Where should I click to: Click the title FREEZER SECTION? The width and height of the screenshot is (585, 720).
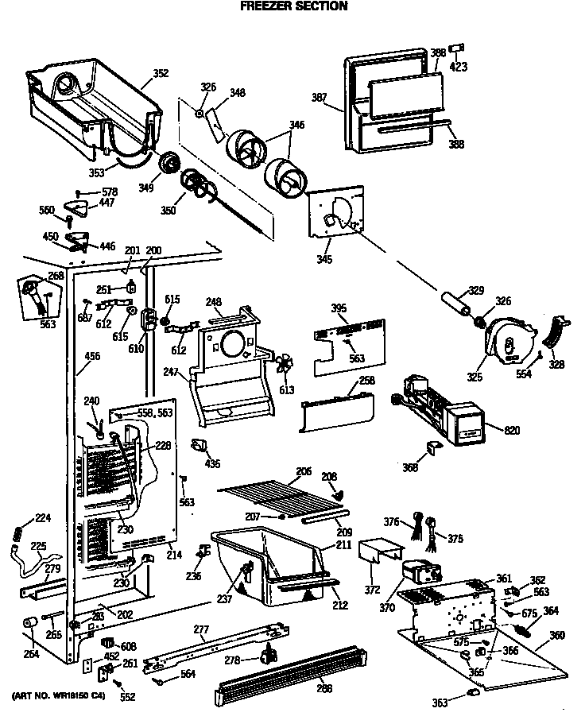293,6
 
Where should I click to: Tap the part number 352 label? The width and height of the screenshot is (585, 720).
161,74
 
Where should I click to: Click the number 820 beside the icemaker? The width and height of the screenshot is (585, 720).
513,430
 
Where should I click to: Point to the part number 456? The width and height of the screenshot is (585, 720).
92,357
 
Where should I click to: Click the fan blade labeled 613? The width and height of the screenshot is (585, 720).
284,366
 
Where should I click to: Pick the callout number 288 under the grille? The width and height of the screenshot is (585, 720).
323,690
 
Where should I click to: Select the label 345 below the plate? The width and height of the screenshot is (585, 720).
323,259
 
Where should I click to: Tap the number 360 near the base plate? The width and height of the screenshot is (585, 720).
557,636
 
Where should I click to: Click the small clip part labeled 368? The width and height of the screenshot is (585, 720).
433,449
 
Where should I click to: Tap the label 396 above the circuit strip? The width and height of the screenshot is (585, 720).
339,308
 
